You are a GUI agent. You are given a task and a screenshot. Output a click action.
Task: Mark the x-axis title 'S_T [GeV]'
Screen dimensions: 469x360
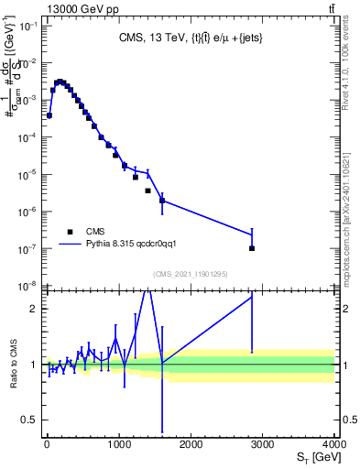coord(315,458)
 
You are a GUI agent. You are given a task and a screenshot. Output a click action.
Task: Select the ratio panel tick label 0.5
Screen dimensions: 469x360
coord(27,420)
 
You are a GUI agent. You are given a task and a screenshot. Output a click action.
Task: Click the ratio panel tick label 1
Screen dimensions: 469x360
coord(31,365)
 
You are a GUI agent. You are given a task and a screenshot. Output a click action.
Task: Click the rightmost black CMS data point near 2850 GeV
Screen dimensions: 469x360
coord(252,248)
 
